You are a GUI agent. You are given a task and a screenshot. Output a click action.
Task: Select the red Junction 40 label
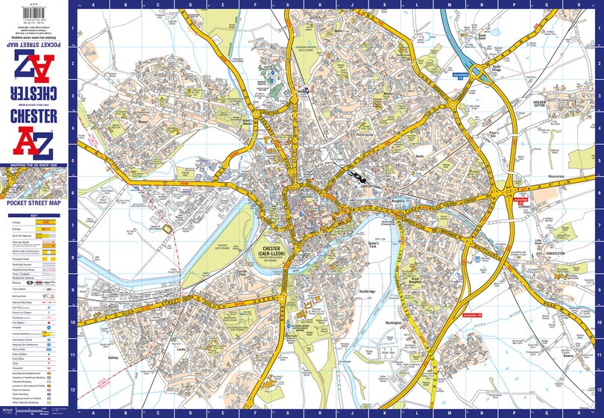[520, 201]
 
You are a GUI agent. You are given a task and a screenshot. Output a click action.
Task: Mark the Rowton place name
[570, 355]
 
